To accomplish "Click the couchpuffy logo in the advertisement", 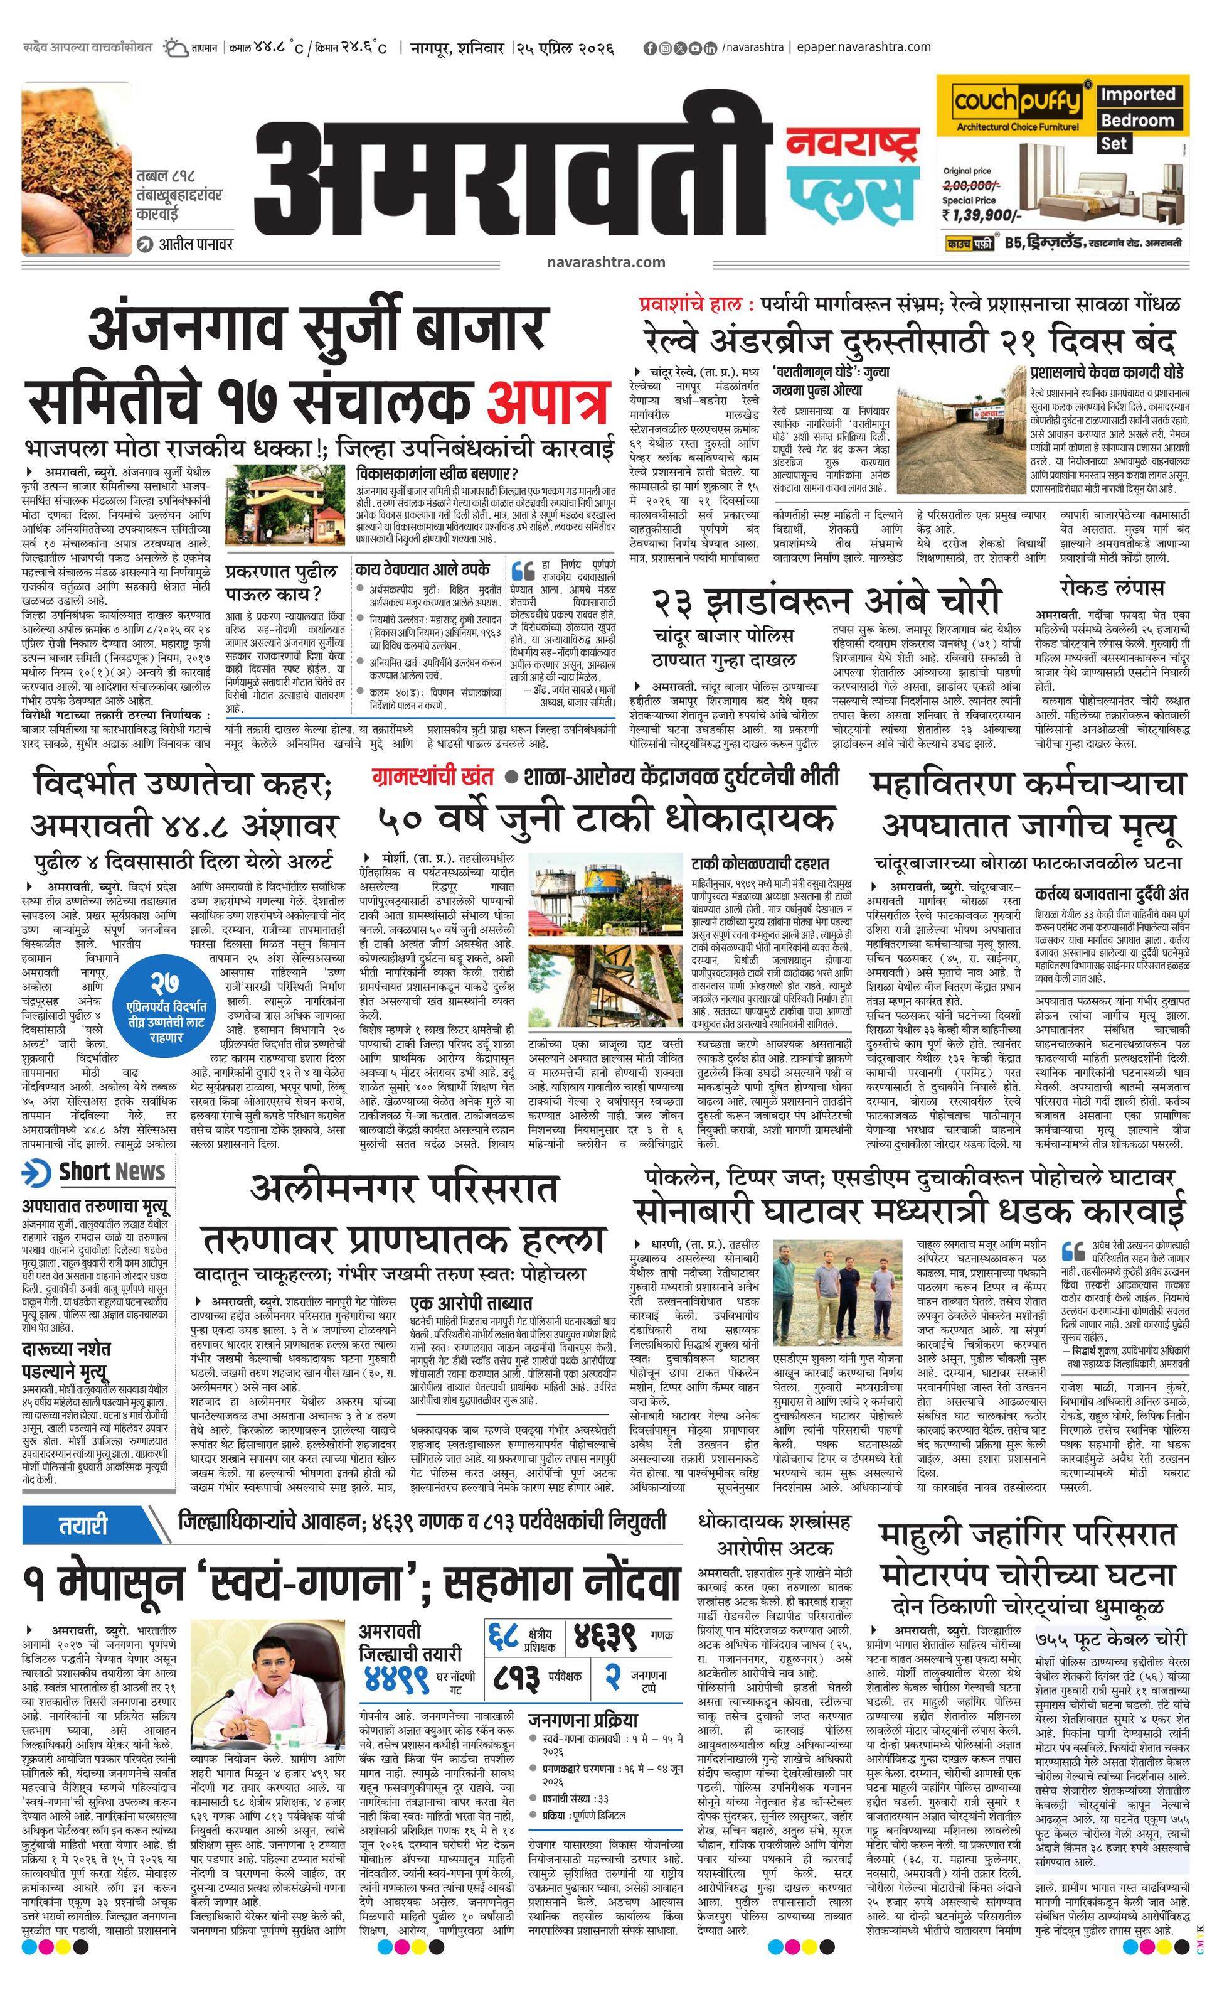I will (x=1016, y=103).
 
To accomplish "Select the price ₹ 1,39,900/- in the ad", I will (x=982, y=215).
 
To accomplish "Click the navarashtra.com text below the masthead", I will (x=605, y=262).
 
